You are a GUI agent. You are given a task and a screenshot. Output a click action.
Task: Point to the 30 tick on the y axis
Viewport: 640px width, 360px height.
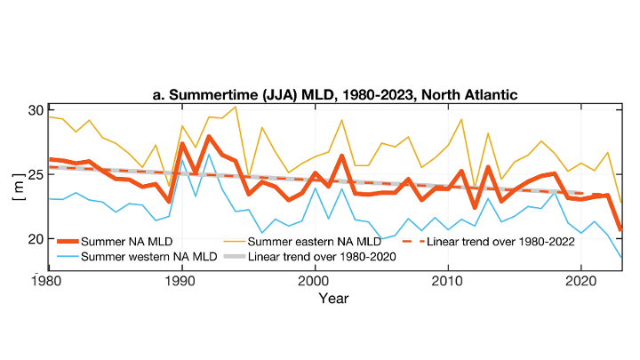[x=35, y=110]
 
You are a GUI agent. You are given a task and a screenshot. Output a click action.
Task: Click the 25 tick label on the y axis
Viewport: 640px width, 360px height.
[x=35, y=174]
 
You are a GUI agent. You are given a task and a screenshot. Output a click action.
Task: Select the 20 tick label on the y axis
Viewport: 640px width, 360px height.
[x=35, y=238]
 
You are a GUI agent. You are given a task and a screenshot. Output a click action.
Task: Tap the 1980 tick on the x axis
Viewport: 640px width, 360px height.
[x=47, y=281]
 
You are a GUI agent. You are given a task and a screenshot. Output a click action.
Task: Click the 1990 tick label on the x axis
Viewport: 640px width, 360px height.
[x=180, y=281]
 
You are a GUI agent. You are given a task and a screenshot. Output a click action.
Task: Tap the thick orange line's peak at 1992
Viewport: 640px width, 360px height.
[x=209, y=137]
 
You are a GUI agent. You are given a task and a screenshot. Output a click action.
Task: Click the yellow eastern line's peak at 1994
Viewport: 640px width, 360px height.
[x=236, y=107]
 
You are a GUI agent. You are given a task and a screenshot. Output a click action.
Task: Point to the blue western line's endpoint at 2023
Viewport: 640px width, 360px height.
[x=621, y=257]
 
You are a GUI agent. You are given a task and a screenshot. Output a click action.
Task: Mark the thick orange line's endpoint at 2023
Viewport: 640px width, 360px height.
[x=621, y=229]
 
